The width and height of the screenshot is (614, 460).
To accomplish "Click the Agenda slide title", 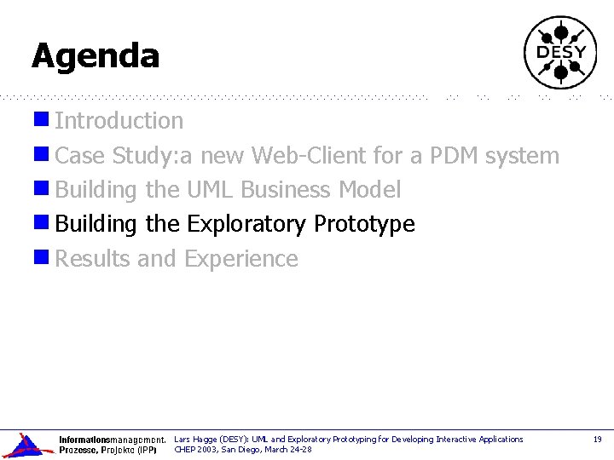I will click(x=96, y=56).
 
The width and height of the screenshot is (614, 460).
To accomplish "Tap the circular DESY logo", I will click(x=559, y=53).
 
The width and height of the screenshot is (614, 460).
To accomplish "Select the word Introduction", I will click(x=119, y=121).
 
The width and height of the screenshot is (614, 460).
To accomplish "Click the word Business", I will click(x=287, y=189).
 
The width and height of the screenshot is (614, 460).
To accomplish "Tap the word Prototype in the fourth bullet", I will click(x=364, y=224).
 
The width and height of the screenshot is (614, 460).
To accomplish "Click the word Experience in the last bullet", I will click(x=241, y=259).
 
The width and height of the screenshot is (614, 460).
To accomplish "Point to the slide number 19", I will click(x=597, y=440).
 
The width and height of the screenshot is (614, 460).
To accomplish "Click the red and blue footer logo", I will click(x=26, y=445).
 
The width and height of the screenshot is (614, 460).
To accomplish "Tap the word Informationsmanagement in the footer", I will click(x=111, y=440).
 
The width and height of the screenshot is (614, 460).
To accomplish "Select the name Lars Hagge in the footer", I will click(x=195, y=440).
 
